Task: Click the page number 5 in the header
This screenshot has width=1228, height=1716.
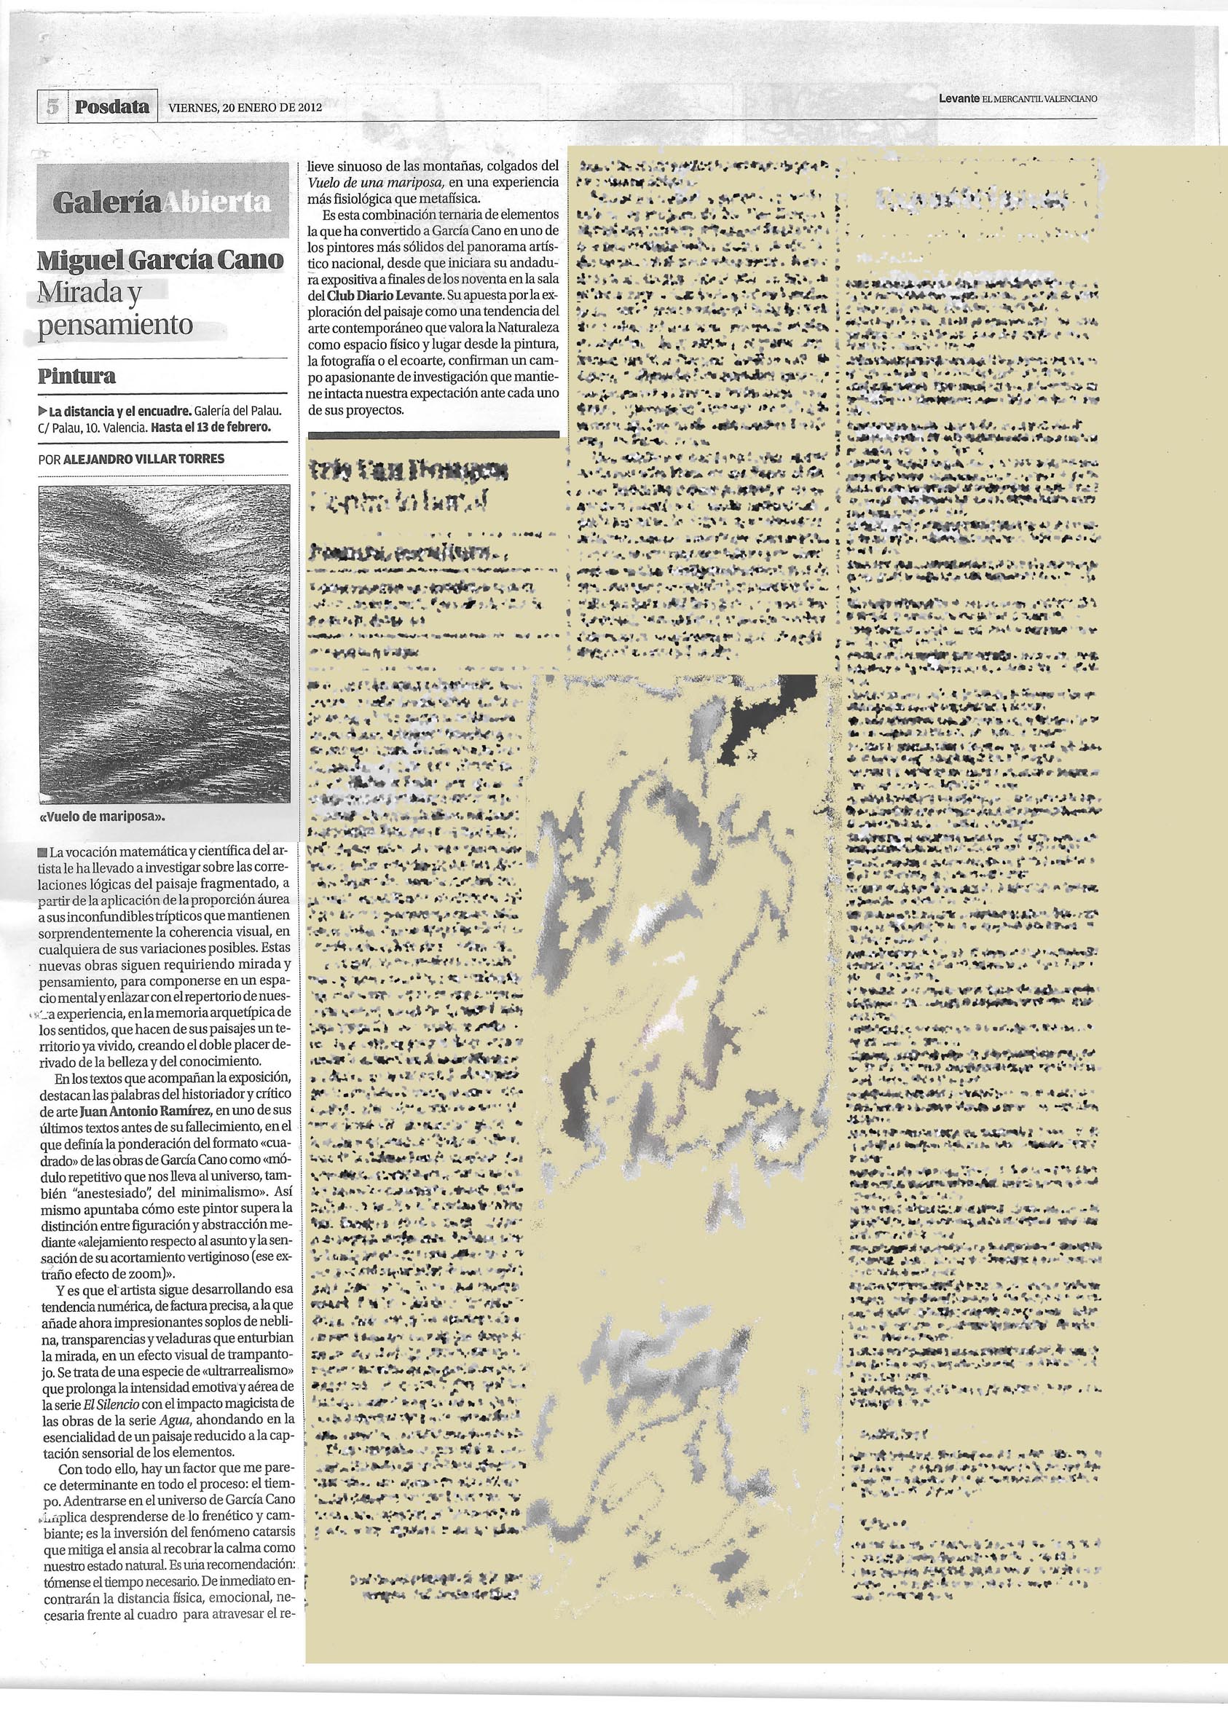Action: (x=52, y=106)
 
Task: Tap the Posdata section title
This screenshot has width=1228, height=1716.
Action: (x=113, y=106)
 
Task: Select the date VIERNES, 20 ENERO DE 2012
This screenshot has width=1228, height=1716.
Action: (x=245, y=107)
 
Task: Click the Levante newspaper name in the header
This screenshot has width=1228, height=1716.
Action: (x=959, y=98)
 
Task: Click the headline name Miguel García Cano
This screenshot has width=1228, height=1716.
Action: (x=162, y=261)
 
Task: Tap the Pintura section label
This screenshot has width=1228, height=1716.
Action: (x=77, y=376)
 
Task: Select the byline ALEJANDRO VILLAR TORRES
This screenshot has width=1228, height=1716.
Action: (x=145, y=458)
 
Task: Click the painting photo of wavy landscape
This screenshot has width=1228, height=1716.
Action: (x=163, y=642)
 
